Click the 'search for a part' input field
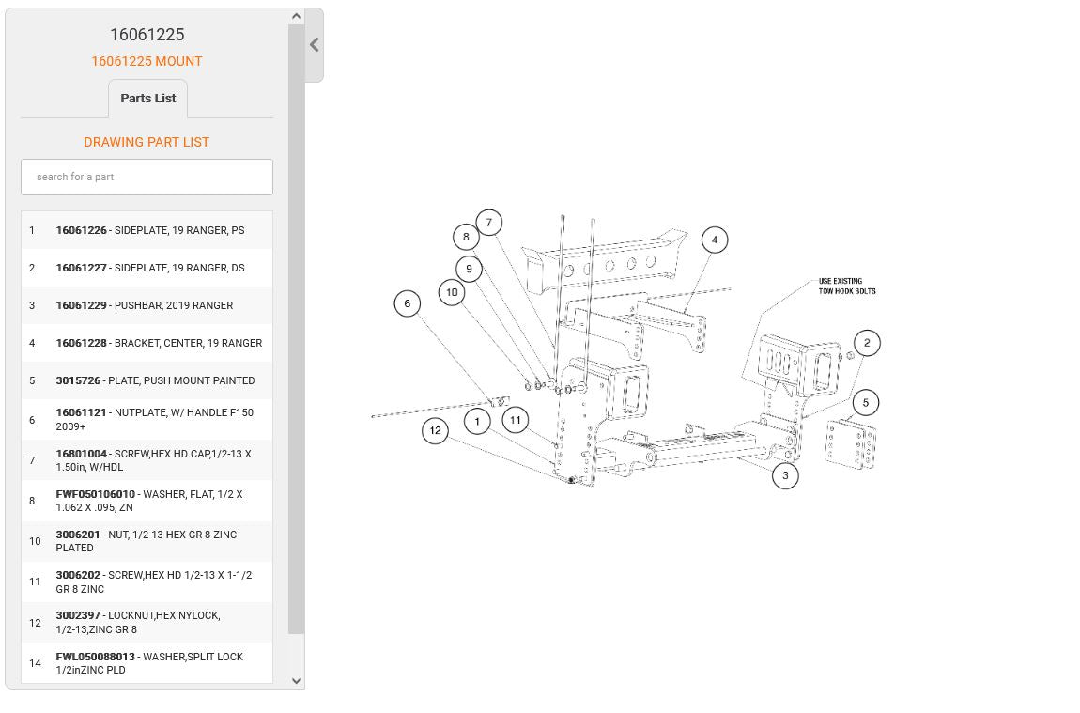click(147, 177)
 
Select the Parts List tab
click(148, 99)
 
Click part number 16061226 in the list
click(82, 230)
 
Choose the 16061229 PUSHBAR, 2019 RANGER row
click(147, 305)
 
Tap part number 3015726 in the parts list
click(78, 380)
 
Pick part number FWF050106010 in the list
click(95, 494)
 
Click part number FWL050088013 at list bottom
click(95, 657)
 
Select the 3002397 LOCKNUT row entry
click(147, 622)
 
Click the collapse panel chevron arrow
click(314, 45)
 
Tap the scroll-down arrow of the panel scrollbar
click(296, 681)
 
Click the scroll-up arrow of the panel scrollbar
click(296, 16)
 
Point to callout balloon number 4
click(715, 240)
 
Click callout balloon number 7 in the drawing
click(489, 223)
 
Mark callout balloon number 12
click(436, 430)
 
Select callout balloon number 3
click(785, 475)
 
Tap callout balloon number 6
click(407, 303)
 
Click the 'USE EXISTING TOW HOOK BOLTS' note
click(847, 286)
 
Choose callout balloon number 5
click(866, 402)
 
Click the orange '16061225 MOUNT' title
click(147, 61)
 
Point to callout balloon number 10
click(452, 292)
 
